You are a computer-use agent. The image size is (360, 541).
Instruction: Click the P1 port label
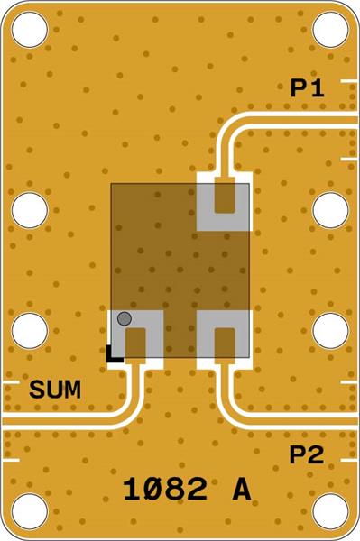point(308,88)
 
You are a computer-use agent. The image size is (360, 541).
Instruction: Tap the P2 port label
point(307,456)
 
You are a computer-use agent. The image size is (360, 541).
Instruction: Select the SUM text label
point(55,390)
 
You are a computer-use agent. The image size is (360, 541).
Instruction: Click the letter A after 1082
point(241,490)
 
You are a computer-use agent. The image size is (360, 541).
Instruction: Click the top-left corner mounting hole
point(30,30)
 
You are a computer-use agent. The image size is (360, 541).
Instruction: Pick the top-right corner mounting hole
point(330,30)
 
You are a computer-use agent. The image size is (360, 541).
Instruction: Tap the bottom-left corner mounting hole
point(30,511)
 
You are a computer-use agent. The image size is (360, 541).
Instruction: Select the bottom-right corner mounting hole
point(330,511)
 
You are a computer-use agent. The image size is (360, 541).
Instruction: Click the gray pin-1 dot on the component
point(125,317)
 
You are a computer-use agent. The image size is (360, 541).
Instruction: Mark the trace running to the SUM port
point(72,420)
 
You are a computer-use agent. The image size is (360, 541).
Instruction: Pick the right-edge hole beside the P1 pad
point(330,210)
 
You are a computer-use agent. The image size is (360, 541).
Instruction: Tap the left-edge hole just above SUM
point(30,331)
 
